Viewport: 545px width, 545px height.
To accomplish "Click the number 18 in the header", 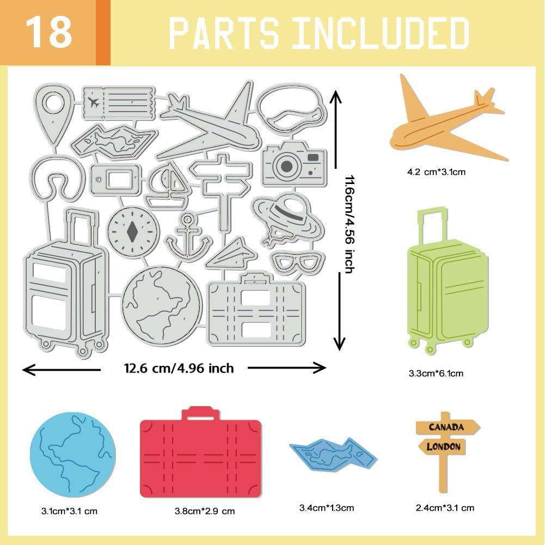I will tap(49, 32).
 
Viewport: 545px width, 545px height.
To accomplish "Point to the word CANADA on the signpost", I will tap(446, 427).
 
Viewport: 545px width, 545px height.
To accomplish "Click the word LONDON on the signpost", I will tap(443, 447).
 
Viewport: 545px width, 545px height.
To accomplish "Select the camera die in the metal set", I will tap(293, 163).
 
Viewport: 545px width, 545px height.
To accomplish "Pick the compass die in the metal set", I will tap(132, 230).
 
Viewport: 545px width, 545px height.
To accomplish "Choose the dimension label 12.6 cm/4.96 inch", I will tap(179, 369).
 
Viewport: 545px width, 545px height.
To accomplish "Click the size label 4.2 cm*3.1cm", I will tap(436, 172).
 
